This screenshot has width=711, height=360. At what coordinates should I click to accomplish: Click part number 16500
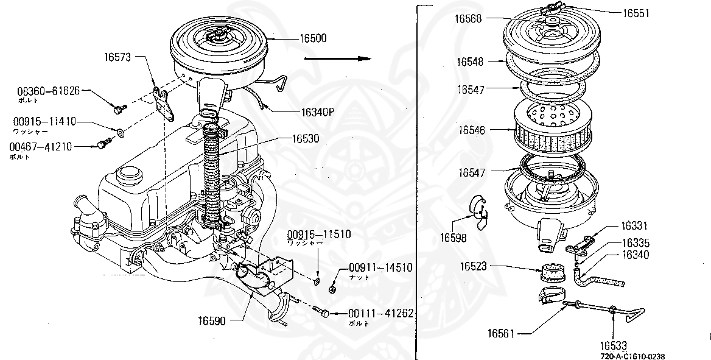313,38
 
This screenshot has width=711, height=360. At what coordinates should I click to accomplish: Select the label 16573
117,57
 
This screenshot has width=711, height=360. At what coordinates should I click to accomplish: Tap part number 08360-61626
48,91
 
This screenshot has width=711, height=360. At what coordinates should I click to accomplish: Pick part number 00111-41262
381,314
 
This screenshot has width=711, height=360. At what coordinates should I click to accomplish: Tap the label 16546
472,130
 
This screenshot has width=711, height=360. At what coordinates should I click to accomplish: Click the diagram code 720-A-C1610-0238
632,356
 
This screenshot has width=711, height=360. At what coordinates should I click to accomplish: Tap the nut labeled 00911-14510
333,288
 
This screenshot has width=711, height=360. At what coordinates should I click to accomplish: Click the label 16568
468,19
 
